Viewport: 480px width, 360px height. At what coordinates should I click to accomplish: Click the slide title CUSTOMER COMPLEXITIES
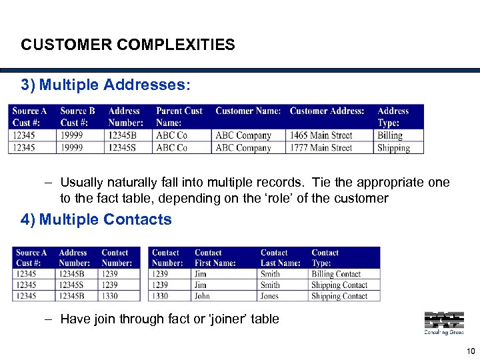click(128, 45)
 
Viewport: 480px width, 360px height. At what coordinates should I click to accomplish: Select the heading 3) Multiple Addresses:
click(105, 85)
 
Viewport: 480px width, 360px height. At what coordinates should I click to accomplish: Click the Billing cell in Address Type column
click(390, 135)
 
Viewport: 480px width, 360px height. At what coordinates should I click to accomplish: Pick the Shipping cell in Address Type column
click(393, 148)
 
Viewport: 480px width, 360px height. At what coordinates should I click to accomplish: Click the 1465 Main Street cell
click(321, 135)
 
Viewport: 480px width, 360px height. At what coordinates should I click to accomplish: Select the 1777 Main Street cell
click(321, 148)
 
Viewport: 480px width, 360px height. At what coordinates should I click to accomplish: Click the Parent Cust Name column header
click(179, 117)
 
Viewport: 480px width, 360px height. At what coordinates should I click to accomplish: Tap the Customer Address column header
click(327, 111)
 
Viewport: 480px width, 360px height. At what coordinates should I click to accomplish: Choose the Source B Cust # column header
click(77, 117)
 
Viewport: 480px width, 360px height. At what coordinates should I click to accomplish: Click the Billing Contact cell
click(336, 274)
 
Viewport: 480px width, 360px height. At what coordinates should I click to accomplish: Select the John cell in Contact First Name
click(202, 296)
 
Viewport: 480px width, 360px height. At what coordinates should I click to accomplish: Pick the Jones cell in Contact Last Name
click(270, 296)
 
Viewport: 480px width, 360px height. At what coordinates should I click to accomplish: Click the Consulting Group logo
click(443, 323)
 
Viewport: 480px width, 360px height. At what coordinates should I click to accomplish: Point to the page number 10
click(471, 351)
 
